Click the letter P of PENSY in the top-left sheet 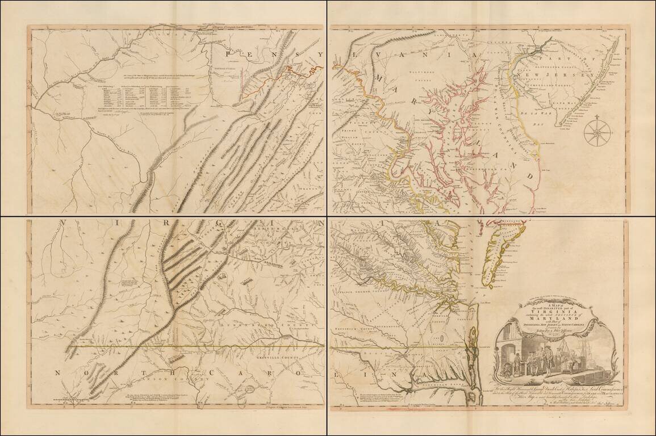229,54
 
